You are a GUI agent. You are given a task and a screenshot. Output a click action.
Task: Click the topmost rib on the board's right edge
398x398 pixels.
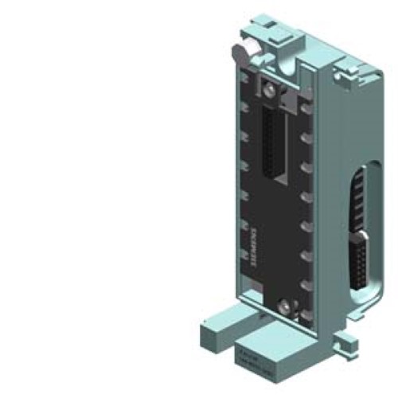coord(306,104)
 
